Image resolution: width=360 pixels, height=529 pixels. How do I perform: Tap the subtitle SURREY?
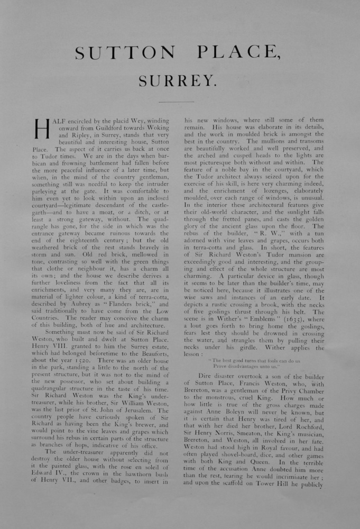point(178,80)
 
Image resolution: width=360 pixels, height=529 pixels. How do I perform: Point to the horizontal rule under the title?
point(177,102)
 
